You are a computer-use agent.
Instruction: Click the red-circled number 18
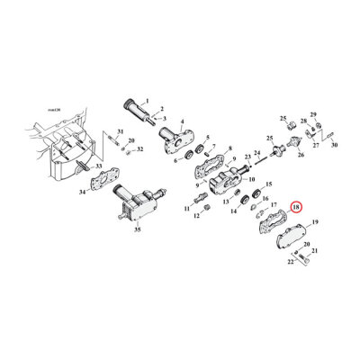pyautogui.click(x=296, y=207)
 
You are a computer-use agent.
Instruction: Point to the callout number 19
pyautogui.click(x=314, y=221)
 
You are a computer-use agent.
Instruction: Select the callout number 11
pyautogui.click(x=187, y=209)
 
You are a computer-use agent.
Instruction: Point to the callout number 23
pyautogui.click(x=247, y=157)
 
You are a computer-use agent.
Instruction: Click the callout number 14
pyautogui.click(x=234, y=212)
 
